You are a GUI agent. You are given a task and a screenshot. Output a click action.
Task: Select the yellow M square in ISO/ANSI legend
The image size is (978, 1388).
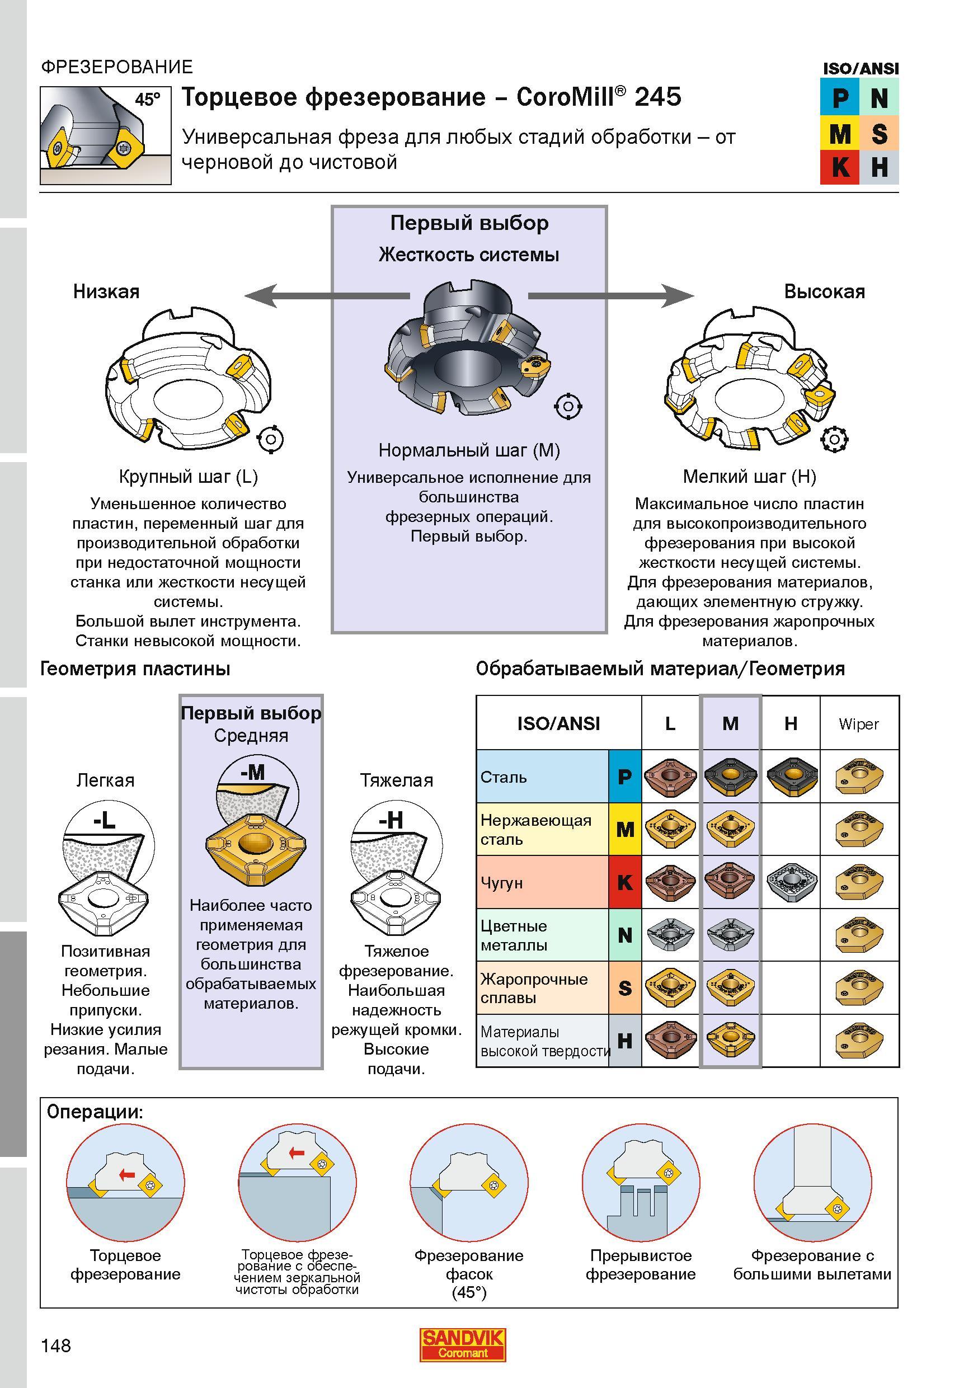(840, 133)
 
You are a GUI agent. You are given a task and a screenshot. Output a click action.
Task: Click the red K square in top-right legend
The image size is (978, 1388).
(840, 167)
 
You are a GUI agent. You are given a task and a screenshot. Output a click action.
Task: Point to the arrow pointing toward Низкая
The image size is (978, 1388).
(327, 295)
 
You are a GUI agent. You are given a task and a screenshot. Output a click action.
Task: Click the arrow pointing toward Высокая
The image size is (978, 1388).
(612, 295)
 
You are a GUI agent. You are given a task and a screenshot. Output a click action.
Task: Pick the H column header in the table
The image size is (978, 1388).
(791, 723)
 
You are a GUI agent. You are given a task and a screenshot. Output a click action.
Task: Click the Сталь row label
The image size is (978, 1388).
(504, 777)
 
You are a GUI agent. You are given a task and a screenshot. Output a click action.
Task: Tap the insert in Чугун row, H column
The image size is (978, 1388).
(791, 883)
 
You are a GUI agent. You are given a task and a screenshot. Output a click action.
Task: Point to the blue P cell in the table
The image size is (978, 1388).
(625, 777)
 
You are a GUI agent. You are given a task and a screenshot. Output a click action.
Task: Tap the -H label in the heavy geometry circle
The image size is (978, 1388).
(391, 820)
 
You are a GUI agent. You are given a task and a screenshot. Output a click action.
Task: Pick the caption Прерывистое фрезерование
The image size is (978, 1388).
(641, 1265)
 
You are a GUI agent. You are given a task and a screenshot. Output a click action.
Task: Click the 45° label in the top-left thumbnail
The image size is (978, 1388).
(148, 99)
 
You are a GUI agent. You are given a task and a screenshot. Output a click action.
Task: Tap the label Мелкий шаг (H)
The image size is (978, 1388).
(750, 477)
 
